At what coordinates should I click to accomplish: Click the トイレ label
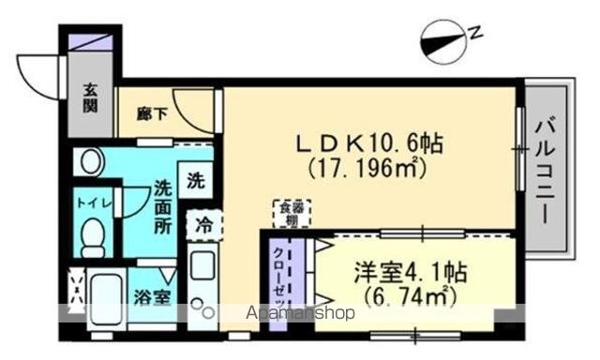pyautogui.click(x=88, y=202)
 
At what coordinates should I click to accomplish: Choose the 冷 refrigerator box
pyautogui.click(x=203, y=225)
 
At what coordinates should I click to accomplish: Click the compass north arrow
pyautogui.click(x=442, y=40)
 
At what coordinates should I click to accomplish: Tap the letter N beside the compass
pyautogui.click(x=475, y=35)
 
